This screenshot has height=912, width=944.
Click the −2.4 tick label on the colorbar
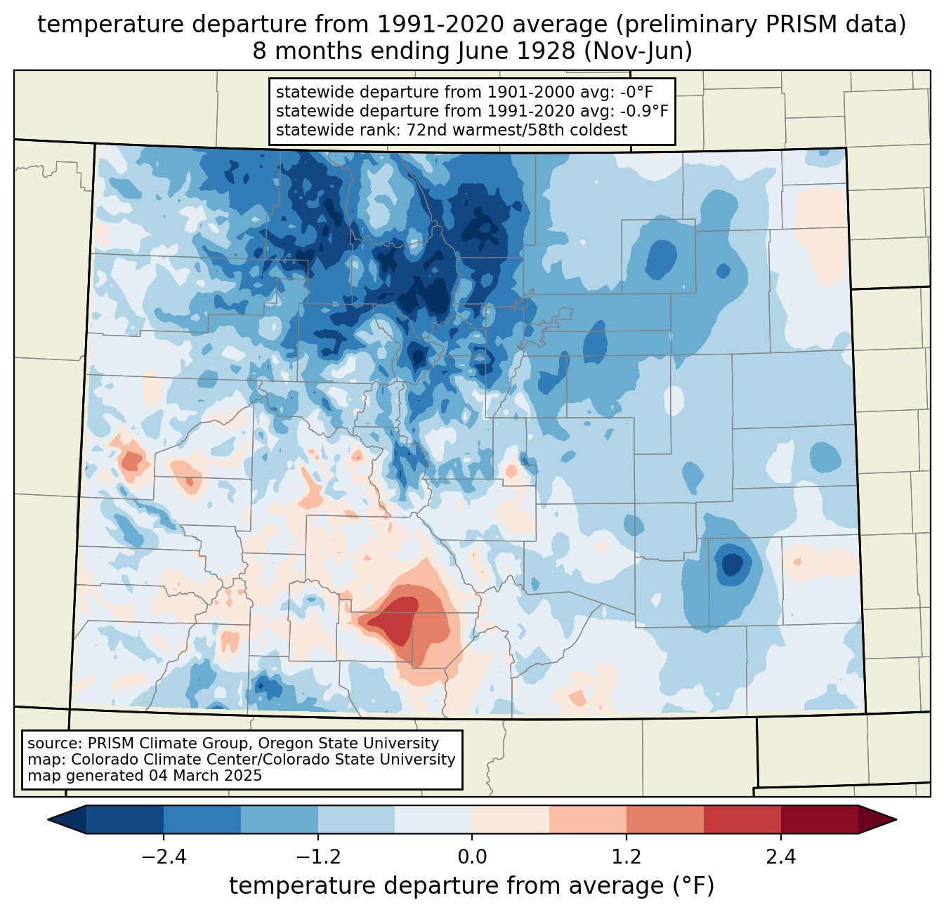coord(164,857)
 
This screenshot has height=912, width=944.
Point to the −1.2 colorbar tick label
coord(317,857)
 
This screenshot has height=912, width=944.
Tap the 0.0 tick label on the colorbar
coord(472,857)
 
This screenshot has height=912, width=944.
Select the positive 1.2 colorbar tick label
coord(627,857)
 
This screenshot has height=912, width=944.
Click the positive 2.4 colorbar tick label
coord(780,857)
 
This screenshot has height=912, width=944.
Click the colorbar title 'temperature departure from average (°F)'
coord(472,886)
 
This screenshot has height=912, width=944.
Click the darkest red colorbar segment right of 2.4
coord(819,819)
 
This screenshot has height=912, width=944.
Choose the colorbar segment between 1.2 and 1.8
coord(664,819)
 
